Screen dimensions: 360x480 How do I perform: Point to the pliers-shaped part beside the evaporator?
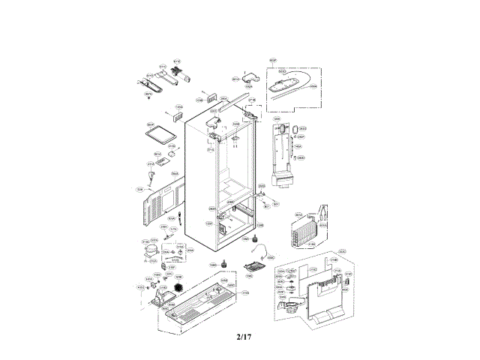pos(322,212)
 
